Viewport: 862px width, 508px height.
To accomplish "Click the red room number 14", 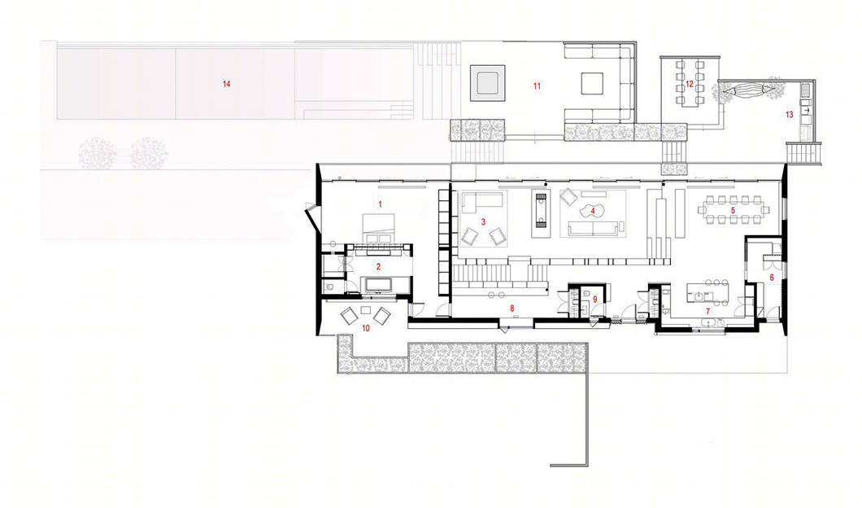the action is [227, 84].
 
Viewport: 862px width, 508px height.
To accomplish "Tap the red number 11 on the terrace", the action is [537, 85].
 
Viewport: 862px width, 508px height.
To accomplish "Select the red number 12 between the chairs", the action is [690, 84].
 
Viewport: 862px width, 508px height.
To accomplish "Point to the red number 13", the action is [790, 115].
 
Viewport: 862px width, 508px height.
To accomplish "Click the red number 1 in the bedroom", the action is [380, 204].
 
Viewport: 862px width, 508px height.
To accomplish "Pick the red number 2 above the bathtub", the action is [378, 266].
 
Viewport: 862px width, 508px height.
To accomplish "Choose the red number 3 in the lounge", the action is [483, 221].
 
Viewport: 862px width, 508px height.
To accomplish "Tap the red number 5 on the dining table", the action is [733, 210].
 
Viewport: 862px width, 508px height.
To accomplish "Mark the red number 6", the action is [772, 278].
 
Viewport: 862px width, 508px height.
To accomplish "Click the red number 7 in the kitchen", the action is [708, 311].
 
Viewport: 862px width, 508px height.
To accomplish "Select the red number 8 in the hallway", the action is [512, 309].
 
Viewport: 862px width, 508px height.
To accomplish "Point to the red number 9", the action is [594, 299].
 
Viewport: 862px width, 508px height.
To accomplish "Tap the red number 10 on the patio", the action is [366, 328].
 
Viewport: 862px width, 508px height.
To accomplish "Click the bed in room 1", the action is [379, 229].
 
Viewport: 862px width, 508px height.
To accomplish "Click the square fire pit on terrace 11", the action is [487, 84].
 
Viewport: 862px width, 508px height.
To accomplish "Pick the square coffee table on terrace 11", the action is [592, 84].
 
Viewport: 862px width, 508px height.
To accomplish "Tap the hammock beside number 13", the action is [746, 90].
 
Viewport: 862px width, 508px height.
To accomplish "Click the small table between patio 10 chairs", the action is [366, 309].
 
